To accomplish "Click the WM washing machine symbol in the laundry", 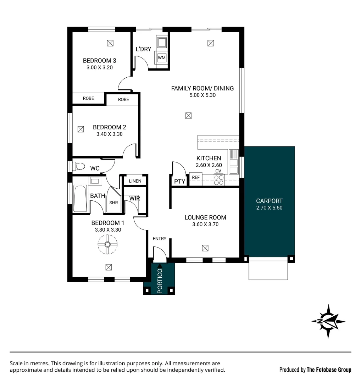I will click(162, 57).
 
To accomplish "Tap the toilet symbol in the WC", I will click(79, 166).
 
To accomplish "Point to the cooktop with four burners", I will click(218, 180).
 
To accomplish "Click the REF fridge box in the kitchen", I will click(195, 178).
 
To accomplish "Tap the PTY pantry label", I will click(180, 182).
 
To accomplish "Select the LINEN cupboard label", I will click(135, 181).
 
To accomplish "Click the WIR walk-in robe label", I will click(134, 198).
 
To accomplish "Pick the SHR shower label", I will click(113, 203).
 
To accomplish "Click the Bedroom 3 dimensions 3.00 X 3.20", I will click(99, 67).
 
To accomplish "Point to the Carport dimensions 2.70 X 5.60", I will click(269, 208).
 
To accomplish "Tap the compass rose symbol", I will click(328, 321).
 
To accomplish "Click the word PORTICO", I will click(160, 281).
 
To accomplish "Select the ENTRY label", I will click(159, 238).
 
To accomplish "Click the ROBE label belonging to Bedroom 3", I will click(88, 98).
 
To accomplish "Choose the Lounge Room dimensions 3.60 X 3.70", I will click(205, 224).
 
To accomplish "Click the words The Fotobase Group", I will click(329, 370).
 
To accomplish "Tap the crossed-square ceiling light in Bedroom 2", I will click(80, 129).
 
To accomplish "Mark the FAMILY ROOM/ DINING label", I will click(202, 88).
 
